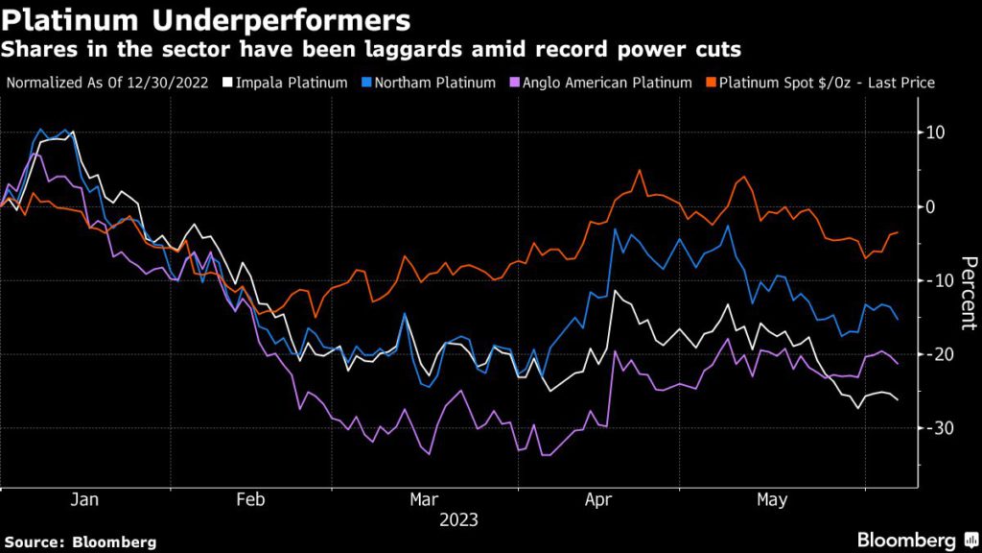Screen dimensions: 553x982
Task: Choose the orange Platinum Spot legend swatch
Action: point(711,83)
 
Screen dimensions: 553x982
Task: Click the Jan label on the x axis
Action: point(86,499)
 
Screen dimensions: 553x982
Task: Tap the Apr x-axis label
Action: point(598,499)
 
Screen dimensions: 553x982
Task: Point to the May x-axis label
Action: point(772,499)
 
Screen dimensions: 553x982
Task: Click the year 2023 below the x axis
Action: point(458,520)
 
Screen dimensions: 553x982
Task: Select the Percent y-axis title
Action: point(969,293)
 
